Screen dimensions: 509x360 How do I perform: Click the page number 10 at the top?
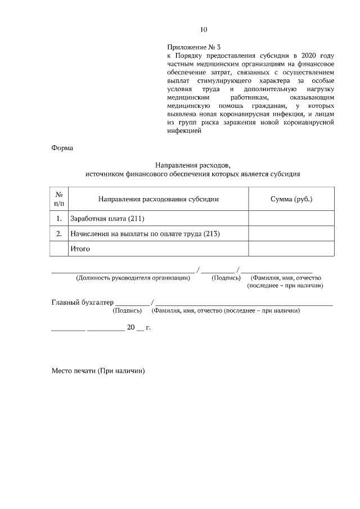pos(204,30)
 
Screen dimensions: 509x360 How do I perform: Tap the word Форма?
pos(62,148)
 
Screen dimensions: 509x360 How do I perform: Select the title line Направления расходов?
pos(193,165)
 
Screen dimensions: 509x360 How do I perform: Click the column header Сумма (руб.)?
pos(291,199)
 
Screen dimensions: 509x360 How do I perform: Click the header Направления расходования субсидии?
pos(158,199)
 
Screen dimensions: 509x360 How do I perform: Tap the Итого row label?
pos(80,248)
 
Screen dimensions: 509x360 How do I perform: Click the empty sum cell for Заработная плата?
pos(291,218)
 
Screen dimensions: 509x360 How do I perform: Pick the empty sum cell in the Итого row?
pos(291,248)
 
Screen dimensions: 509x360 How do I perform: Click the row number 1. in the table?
pos(59,218)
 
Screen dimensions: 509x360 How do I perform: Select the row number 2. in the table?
pos(59,233)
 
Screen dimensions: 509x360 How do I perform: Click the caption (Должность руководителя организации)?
pos(133,278)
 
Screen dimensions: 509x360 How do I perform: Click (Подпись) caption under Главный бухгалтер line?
pos(127,310)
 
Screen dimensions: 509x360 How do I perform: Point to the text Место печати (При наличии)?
pos(98,371)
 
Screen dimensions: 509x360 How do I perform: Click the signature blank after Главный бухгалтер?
pos(132,304)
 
